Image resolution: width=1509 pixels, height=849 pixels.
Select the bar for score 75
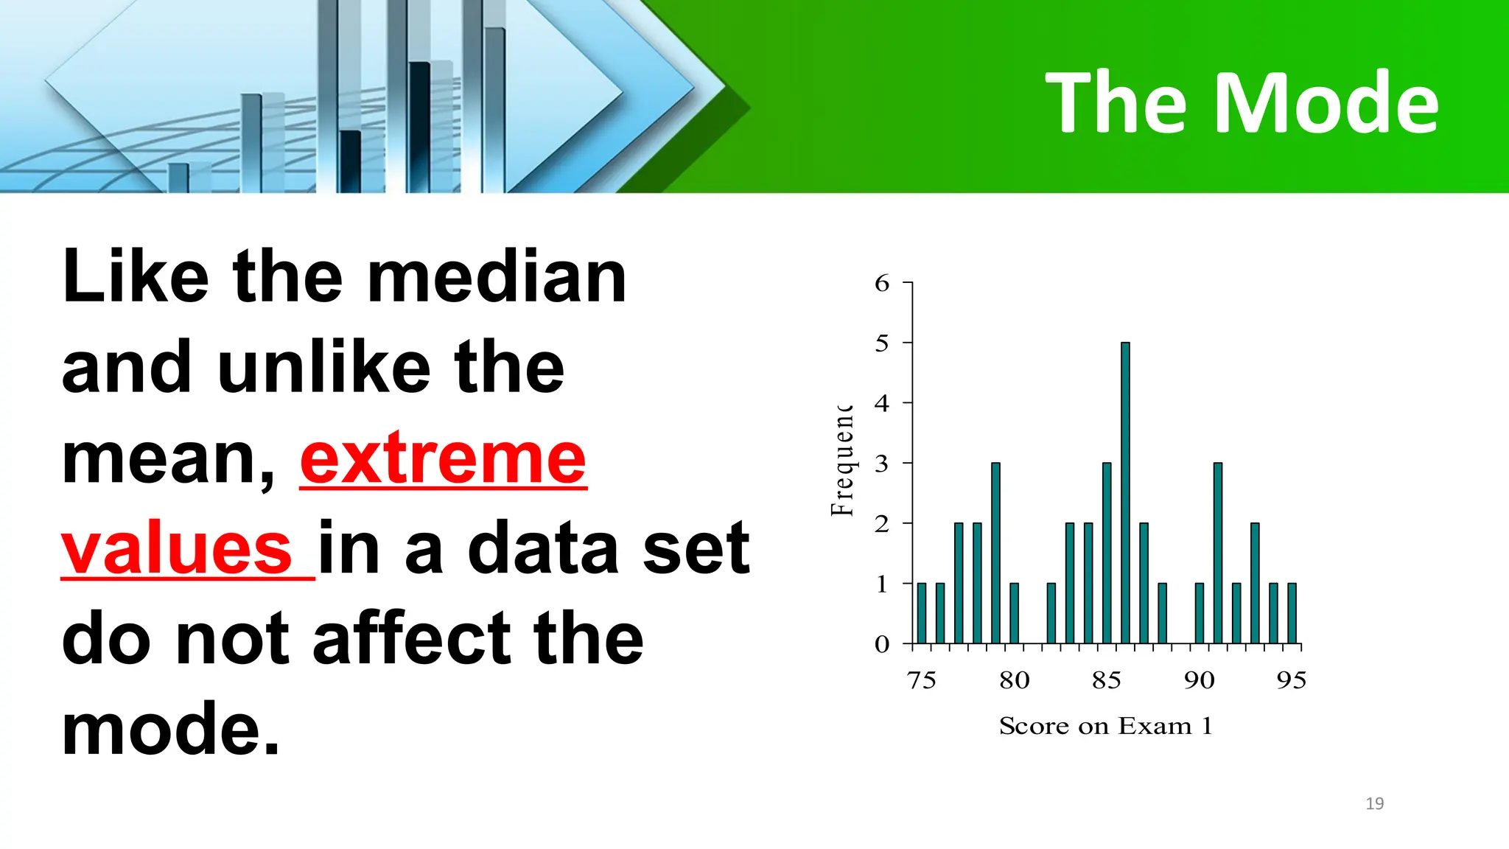click(922, 613)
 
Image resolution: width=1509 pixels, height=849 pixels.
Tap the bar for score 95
click(1292, 613)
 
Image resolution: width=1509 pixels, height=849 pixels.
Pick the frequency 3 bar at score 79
click(995, 553)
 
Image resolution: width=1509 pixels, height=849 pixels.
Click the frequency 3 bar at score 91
click(1218, 553)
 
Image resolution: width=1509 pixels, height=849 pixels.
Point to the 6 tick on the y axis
click(882, 283)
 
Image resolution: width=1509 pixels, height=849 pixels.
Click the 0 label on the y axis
click(882, 645)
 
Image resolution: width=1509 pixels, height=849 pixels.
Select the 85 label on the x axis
click(1107, 680)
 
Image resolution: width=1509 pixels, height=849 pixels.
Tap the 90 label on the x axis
click(1200, 680)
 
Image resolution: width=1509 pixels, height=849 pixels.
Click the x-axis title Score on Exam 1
click(1105, 727)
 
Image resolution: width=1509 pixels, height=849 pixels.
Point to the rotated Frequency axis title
click(842, 461)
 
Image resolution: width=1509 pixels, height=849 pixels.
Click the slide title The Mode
click(1242, 103)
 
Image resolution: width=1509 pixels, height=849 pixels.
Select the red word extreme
click(443, 459)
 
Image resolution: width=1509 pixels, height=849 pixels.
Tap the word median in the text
click(497, 278)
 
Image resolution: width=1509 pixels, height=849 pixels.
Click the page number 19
click(1374, 803)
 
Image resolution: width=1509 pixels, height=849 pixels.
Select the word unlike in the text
click(323, 368)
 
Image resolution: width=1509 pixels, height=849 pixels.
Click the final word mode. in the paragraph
click(170, 730)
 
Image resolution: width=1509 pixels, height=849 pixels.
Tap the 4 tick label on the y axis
click(882, 403)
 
